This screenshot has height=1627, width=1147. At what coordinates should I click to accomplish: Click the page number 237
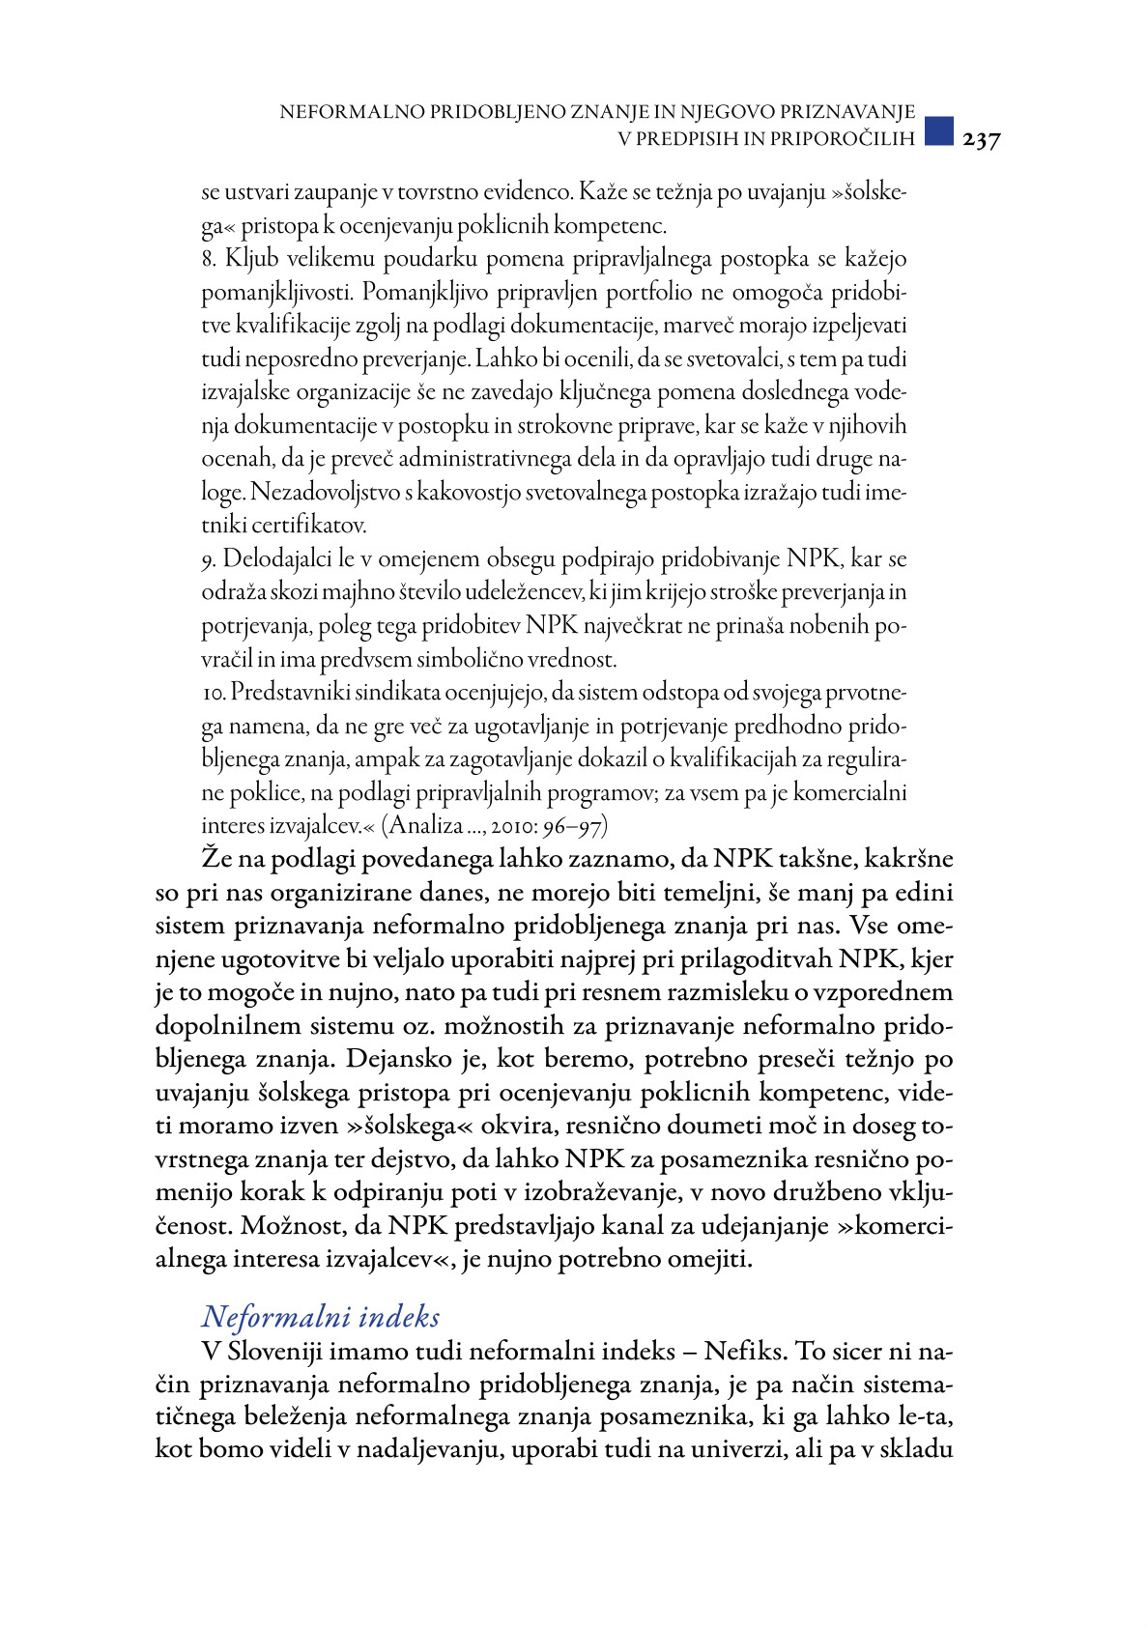click(981, 140)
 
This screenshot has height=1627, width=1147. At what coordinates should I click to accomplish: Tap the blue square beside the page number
click(938, 131)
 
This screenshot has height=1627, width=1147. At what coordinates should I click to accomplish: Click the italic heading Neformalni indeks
click(320, 1317)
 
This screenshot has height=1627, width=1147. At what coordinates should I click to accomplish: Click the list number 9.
click(208, 560)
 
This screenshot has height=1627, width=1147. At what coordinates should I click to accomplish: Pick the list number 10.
click(213, 694)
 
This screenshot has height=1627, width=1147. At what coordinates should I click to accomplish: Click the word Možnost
click(288, 1226)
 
